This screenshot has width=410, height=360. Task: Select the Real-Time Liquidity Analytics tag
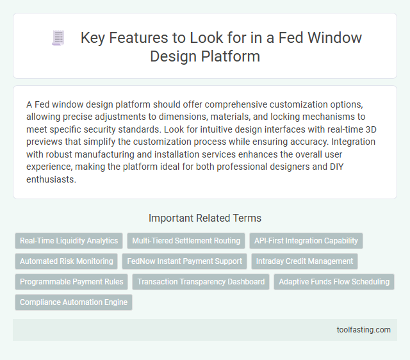(x=69, y=241)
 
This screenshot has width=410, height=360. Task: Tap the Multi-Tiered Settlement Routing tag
(x=186, y=241)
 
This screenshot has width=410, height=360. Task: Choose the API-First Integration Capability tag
(x=306, y=241)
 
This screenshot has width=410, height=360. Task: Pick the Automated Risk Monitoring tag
(x=66, y=261)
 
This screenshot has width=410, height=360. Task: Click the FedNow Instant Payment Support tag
(x=184, y=261)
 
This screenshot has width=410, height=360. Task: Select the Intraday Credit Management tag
(x=304, y=261)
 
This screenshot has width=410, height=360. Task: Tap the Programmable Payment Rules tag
(x=72, y=282)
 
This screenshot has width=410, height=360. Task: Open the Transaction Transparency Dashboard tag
(x=201, y=282)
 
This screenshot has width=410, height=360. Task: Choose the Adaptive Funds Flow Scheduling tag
(x=334, y=282)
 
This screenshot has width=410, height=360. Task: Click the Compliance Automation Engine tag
(x=74, y=302)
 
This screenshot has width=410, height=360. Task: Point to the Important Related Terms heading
(x=204, y=217)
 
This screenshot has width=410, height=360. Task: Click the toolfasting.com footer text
(x=363, y=330)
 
